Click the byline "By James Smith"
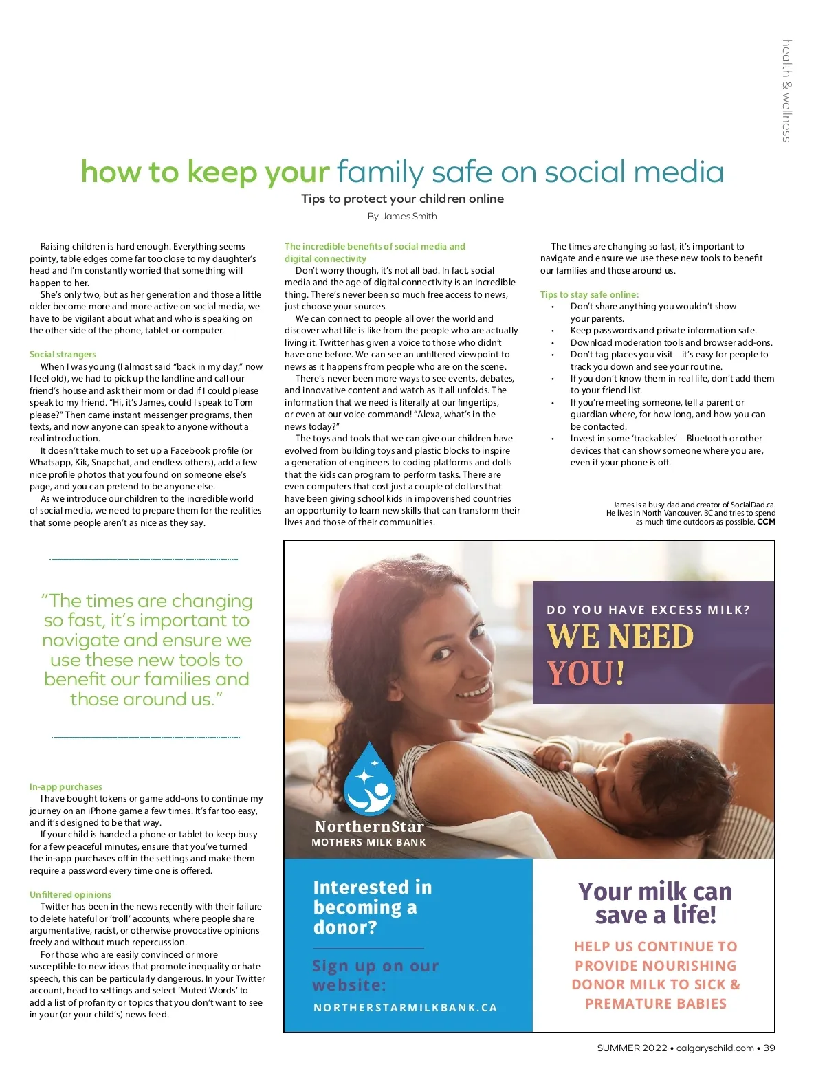coord(402,217)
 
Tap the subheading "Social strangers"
coord(63,354)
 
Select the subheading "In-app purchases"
coord(66,786)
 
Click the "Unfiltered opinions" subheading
coord(70,894)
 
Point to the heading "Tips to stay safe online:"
coord(589,294)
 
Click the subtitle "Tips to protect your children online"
coord(402,199)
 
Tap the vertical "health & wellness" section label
coord(786,91)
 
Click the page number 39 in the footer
coord(769,1048)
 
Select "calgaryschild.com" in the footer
coord(715,1048)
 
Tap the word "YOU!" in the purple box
coord(586,673)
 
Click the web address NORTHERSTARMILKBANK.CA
coord(405,1007)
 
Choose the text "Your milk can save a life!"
coord(654,903)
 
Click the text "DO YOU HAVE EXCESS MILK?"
coord(648,610)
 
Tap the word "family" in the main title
coord(381,173)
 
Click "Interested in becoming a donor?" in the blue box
coord(372,907)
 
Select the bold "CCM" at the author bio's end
coord(766,522)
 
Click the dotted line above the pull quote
coord(144,560)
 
